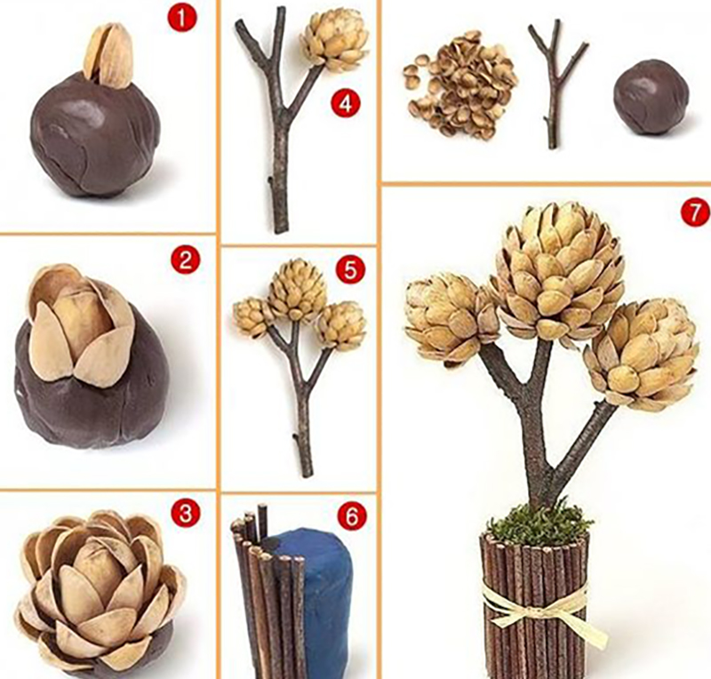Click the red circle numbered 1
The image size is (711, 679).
181,20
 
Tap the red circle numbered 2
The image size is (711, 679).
185,260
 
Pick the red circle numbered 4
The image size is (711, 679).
346,104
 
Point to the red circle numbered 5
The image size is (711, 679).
350,270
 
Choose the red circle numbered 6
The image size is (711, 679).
351,516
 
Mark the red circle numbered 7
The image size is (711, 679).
695,212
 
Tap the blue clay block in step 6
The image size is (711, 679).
312,599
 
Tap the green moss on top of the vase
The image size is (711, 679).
539,522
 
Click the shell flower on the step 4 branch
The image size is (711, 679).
335,41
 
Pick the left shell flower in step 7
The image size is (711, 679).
449,317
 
